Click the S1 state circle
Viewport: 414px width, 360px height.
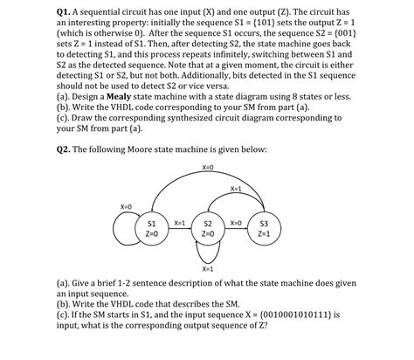(x=151, y=228)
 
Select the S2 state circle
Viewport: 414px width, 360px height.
(x=207, y=228)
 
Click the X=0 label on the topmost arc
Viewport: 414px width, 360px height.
(x=208, y=167)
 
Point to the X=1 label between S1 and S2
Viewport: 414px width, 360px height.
(x=179, y=223)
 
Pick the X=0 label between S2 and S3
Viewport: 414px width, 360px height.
(x=235, y=223)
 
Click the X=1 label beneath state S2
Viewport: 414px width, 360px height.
(x=207, y=269)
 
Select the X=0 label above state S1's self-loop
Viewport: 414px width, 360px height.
(x=126, y=205)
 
